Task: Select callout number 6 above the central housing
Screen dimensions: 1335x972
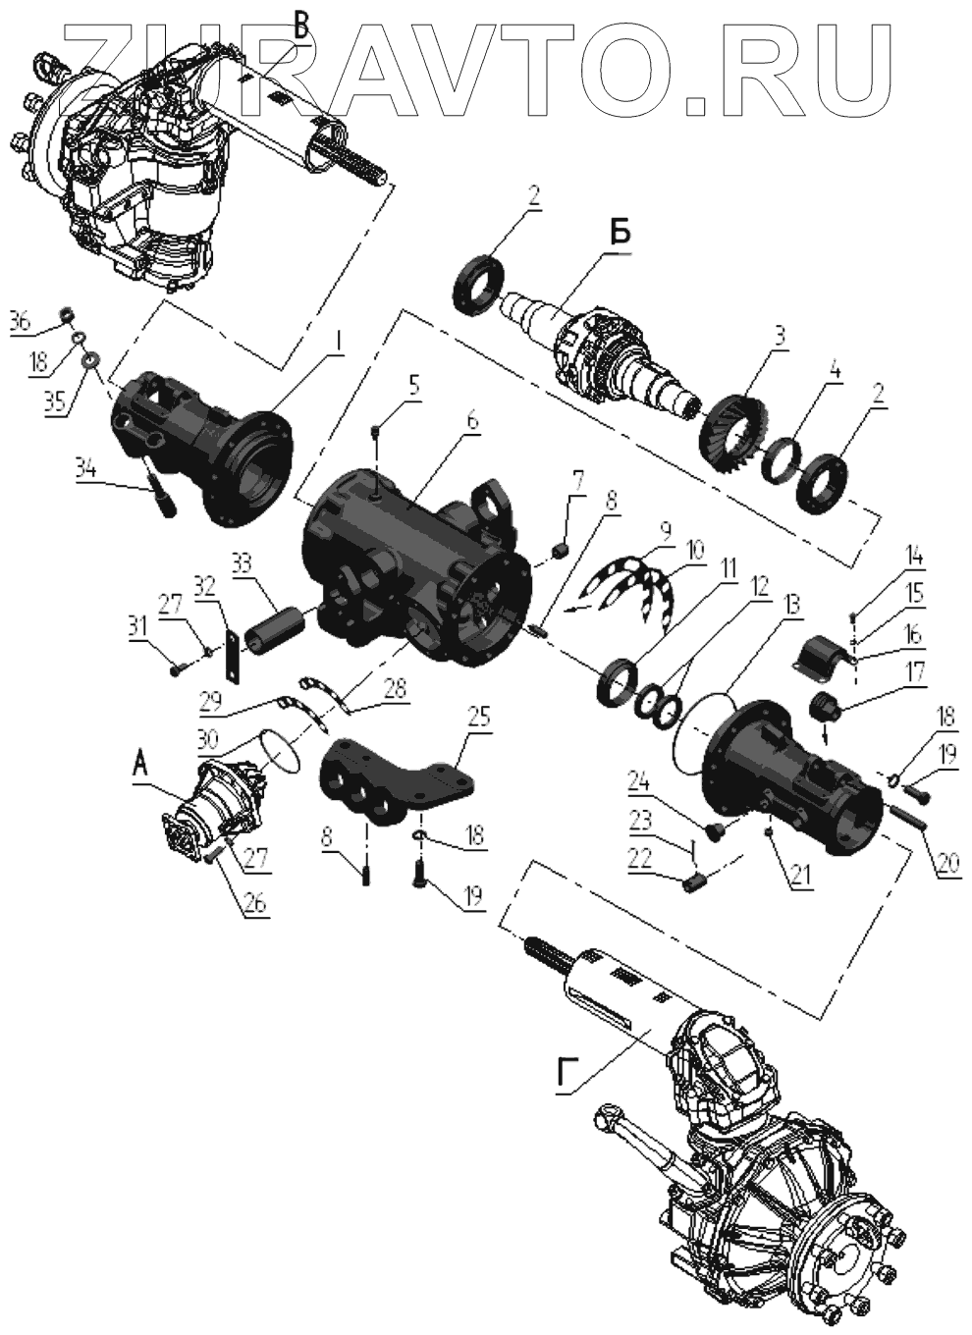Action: coord(472,421)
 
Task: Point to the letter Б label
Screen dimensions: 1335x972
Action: coord(620,235)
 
